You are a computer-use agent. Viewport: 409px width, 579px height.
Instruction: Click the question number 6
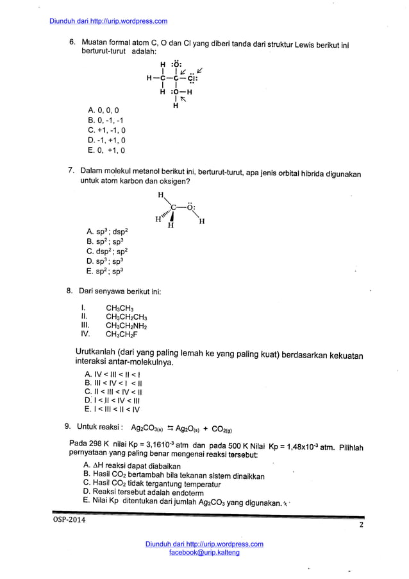click(72, 42)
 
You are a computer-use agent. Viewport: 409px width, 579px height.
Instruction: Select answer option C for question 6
click(106, 130)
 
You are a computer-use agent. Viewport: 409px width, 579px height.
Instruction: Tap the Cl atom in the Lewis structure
click(192, 79)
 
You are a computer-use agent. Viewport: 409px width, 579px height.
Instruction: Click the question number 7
click(72, 171)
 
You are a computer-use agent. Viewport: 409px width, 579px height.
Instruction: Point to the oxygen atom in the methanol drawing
click(190, 207)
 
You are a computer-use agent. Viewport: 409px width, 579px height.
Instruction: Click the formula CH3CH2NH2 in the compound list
click(126, 325)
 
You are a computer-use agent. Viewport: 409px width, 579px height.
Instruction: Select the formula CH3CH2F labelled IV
click(122, 334)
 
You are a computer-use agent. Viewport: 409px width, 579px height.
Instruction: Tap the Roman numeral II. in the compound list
click(84, 316)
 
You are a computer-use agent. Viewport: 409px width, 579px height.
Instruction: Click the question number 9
click(67, 426)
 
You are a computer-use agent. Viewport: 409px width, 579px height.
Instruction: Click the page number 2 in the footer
click(361, 526)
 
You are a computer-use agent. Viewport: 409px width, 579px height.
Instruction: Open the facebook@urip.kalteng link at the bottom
click(204, 553)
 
